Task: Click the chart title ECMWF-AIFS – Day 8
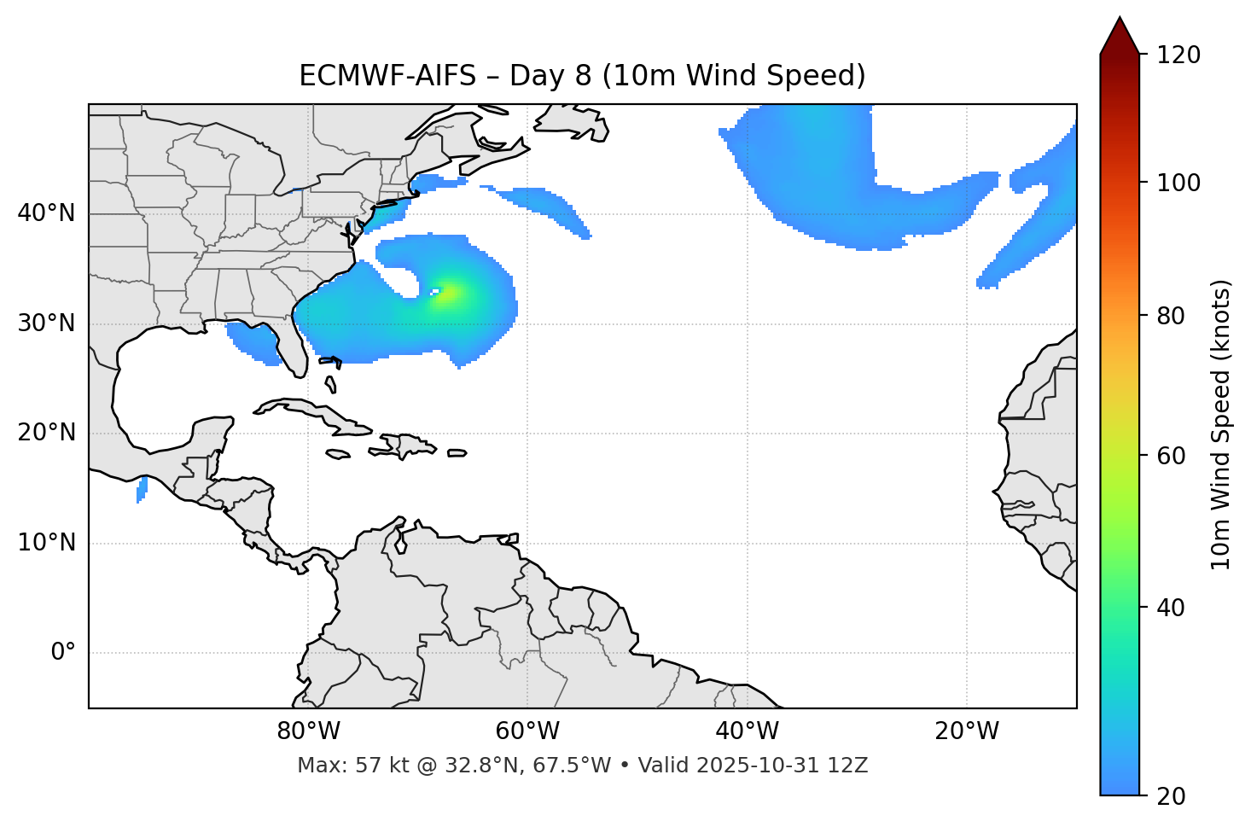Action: click(x=582, y=76)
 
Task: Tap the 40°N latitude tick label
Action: click(x=46, y=213)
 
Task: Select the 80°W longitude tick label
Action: click(x=308, y=731)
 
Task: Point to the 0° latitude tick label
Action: click(x=63, y=653)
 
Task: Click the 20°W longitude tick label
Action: click(x=967, y=731)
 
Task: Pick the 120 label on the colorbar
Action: click(x=1178, y=55)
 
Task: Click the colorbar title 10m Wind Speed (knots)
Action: click(x=1221, y=424)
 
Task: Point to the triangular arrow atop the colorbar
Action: click(x=1120, y=36)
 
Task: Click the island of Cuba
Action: click(x=311, y=412)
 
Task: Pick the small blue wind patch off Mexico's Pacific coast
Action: click(x=142, y=489)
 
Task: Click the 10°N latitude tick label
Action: click(x=46, y=543)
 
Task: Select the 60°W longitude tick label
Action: click(x=527, y=731)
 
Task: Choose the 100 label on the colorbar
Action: click(x=1178, y=183)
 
